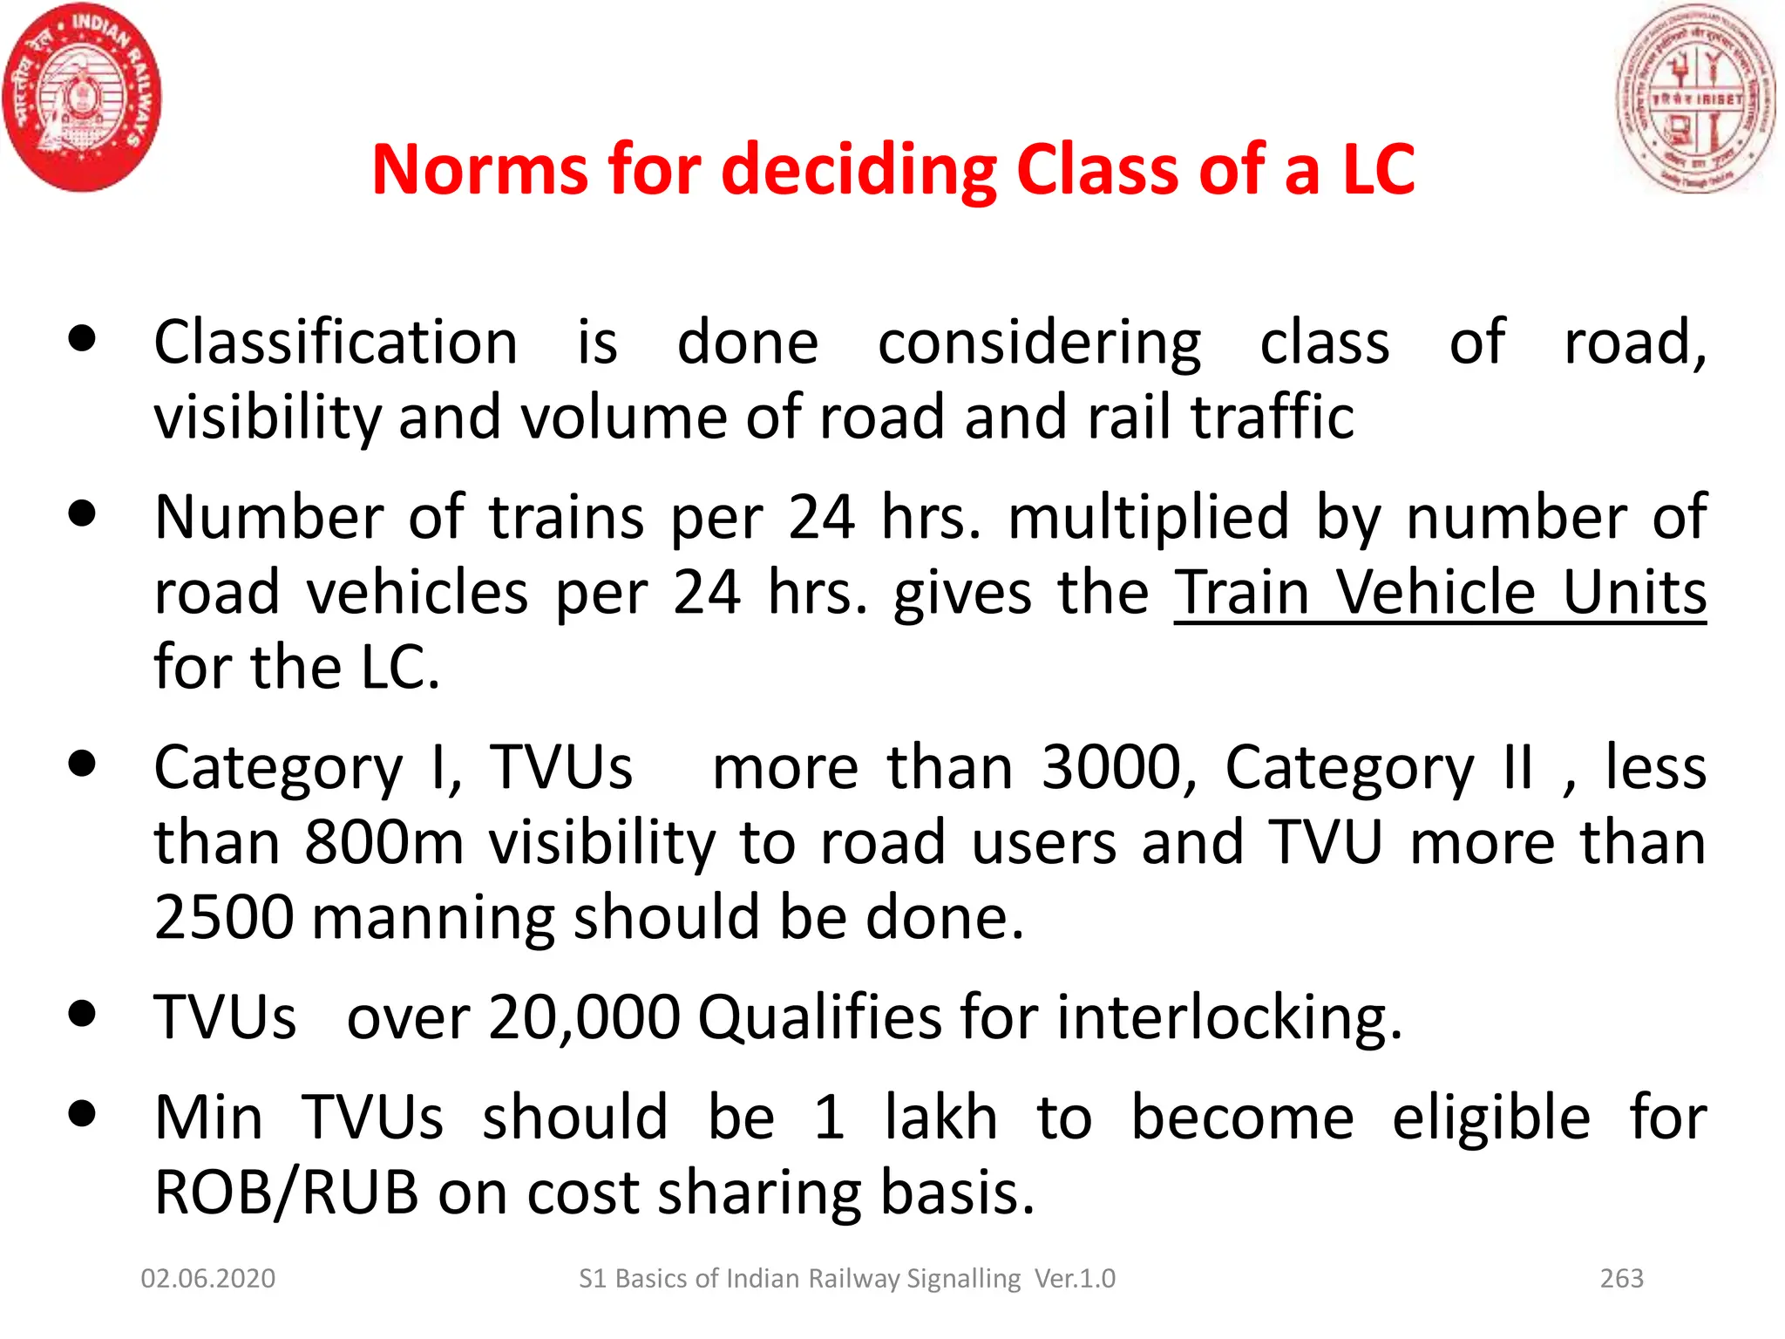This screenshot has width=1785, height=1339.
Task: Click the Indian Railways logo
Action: [82, 98]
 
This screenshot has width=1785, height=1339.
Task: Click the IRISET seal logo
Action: [1696, 99]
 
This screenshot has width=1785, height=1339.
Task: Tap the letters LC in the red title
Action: [1377, 169]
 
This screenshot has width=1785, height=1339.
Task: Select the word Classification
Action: [336, 342]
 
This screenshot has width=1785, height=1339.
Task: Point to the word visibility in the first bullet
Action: [267, 417]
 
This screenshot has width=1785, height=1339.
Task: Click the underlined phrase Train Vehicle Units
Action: [1440, 593]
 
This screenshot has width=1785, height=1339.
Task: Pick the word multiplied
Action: [1148, 518]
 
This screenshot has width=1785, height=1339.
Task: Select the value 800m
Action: [384, 842]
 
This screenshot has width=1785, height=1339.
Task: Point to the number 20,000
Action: [584, 1017]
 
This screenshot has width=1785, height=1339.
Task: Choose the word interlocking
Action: [1229, 1017]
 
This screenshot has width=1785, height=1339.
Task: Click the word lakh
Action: [940, 1118]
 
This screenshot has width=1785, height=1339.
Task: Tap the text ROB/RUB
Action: [287, 1193]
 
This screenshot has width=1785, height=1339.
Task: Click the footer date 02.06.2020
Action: [208, 1278]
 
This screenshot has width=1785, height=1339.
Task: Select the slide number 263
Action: [1621, 1278]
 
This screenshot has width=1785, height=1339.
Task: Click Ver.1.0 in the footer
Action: [1075, 1278]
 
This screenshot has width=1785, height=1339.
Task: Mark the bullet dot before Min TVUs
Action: [82, 1113]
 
